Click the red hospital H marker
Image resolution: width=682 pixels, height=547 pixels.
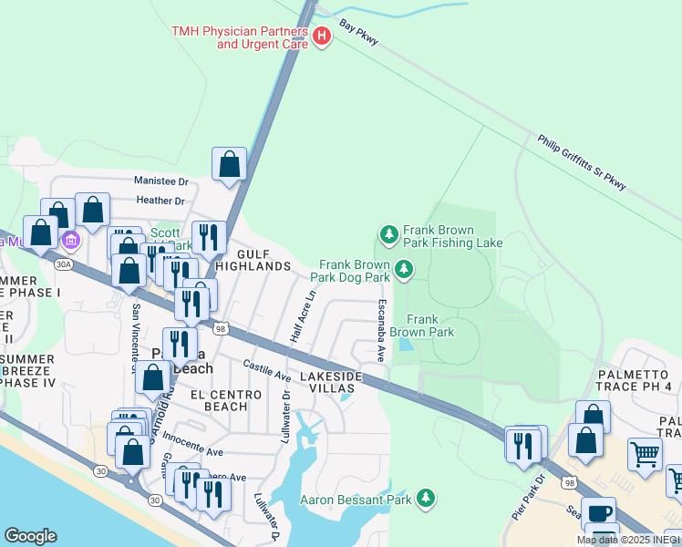321,36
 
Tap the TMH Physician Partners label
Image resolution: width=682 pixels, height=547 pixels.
240,37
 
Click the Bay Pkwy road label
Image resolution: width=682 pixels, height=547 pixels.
358,34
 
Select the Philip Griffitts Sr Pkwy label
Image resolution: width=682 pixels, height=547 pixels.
582,163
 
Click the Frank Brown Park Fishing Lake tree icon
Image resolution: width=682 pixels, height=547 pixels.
389,235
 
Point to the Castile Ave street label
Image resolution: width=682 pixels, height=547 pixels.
266,370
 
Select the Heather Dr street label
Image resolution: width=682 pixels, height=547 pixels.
160,201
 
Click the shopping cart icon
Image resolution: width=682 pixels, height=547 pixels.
645,453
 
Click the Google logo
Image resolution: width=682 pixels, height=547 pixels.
30,536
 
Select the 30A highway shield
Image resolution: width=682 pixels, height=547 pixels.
62,264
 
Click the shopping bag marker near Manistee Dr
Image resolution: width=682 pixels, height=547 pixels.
230,164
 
